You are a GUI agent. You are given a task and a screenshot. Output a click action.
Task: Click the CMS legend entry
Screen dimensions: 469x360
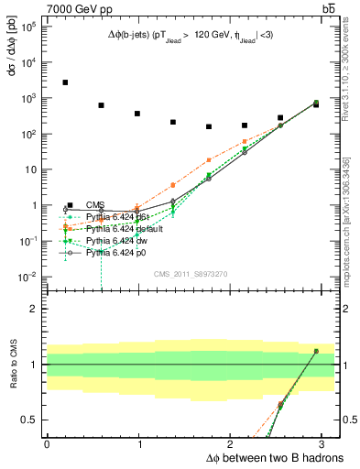pyautogui.click(x=94, y=205)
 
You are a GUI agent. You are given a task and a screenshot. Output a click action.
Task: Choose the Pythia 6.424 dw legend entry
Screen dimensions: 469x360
pyautogui.click(x=117, y=240)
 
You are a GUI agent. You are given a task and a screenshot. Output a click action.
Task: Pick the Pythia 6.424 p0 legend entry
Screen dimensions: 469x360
pyautogui.click(x=117, y=252)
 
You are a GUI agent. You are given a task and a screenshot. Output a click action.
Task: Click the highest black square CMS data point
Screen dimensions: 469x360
pyautogui.click(x=65, y=82)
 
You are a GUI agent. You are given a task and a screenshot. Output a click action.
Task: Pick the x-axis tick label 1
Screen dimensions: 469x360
pyautogui.click(x=138, y=442)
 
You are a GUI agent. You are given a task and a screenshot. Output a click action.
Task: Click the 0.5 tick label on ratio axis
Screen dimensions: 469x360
pyautogui.click(x=30, y=420)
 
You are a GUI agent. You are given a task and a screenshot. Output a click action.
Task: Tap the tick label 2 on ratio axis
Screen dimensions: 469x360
pyautogui.click(x=36, y=308)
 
